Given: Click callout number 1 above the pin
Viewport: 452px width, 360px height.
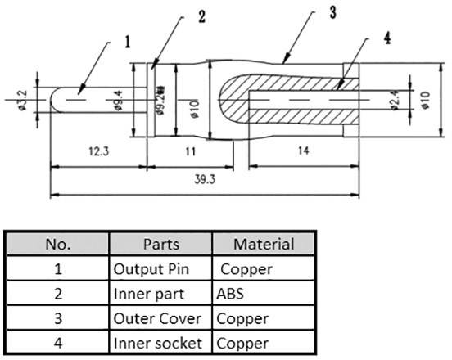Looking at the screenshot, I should (x=128, y=38).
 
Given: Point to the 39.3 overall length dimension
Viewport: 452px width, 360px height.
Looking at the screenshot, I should (x=200, y=181).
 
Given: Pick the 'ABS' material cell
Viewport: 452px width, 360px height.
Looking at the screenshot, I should (x=229, y=290).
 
